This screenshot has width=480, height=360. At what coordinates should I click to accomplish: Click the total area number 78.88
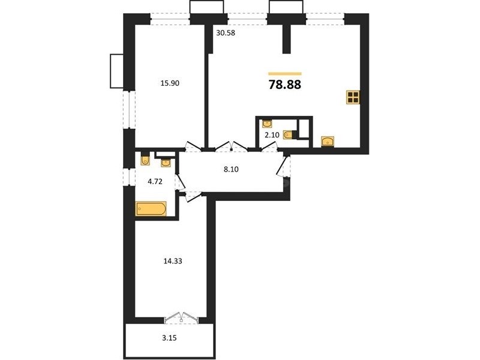click(x=284, y=85)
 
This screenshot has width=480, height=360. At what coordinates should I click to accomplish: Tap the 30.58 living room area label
click(x=226, y=33)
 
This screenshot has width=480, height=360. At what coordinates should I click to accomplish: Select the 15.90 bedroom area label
click(x=170, y=83)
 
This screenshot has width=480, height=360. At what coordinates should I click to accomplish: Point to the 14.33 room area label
click(x=173, y=261)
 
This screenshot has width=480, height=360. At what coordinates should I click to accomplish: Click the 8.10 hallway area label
click(x=231, y=169)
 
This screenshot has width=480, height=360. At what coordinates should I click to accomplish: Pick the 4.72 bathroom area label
click(x=155, y=182)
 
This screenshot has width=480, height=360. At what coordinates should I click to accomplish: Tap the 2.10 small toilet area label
click(x=272, y=135)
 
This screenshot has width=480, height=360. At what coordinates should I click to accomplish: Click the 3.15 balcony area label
click(x=170, y=338)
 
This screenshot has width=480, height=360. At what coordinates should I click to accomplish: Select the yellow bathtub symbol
click(x=151, y=209)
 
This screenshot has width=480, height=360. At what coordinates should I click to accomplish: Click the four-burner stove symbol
click(x=353, y=97)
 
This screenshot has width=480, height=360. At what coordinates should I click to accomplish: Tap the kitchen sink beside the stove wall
click(x=327, y=142)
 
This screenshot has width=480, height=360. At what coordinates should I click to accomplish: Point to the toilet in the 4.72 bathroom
click(x=145, y=159)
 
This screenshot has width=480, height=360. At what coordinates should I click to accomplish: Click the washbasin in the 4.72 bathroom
click(x=166, y=163)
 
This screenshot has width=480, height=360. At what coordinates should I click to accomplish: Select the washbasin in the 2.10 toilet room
click(x=267, y=124)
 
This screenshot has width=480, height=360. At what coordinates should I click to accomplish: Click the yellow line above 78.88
click(x=285, y=73)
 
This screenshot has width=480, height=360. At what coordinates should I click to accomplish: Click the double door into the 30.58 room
click(x=232, y=146)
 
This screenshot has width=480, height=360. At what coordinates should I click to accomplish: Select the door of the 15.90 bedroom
click(x=193, y=146)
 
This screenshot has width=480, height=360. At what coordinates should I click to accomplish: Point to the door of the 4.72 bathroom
click(x=180, y=182)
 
